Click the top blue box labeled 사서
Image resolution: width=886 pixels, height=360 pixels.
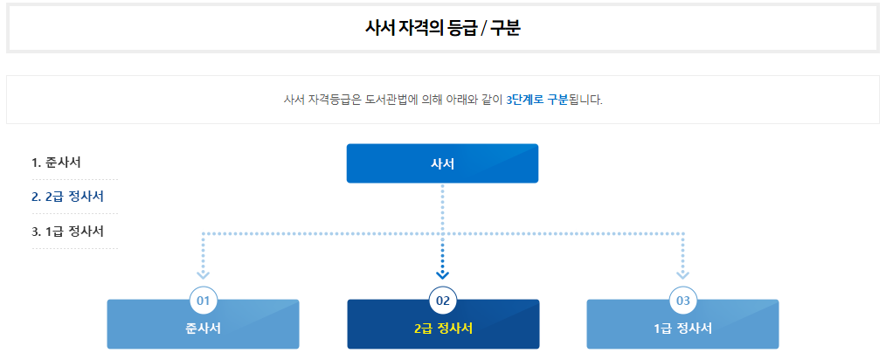[x=442, y=163]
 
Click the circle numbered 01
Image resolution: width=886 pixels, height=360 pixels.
[x=204, y=301]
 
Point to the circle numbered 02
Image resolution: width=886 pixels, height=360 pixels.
[x=443, y=301]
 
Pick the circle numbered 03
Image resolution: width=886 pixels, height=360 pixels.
[x=683, y=301]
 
